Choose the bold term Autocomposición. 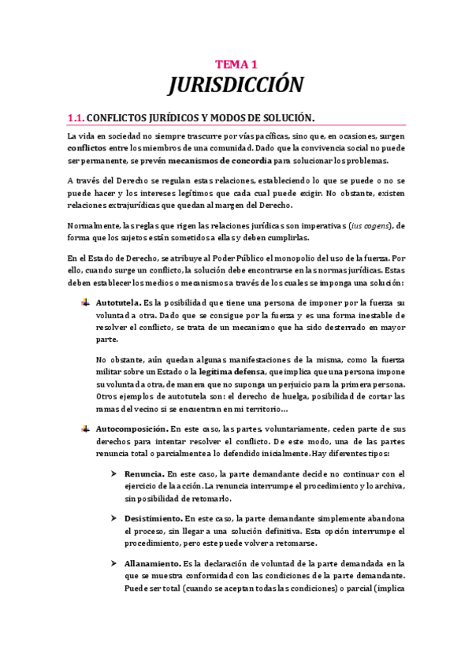click(x=131, y=429)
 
